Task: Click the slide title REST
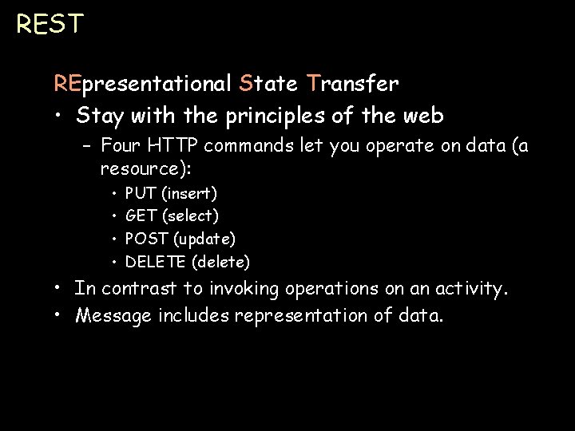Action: [49, 24]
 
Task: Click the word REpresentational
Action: [142, 83]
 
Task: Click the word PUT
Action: [141, 193]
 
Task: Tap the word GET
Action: [141, 215]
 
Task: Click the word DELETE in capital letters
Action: [156, 262]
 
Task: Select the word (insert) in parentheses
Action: [188, 193]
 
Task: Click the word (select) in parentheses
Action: [190, 215]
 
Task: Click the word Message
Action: [111, 316]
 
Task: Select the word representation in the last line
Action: [303, 316]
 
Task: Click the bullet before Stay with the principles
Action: [61, 117]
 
